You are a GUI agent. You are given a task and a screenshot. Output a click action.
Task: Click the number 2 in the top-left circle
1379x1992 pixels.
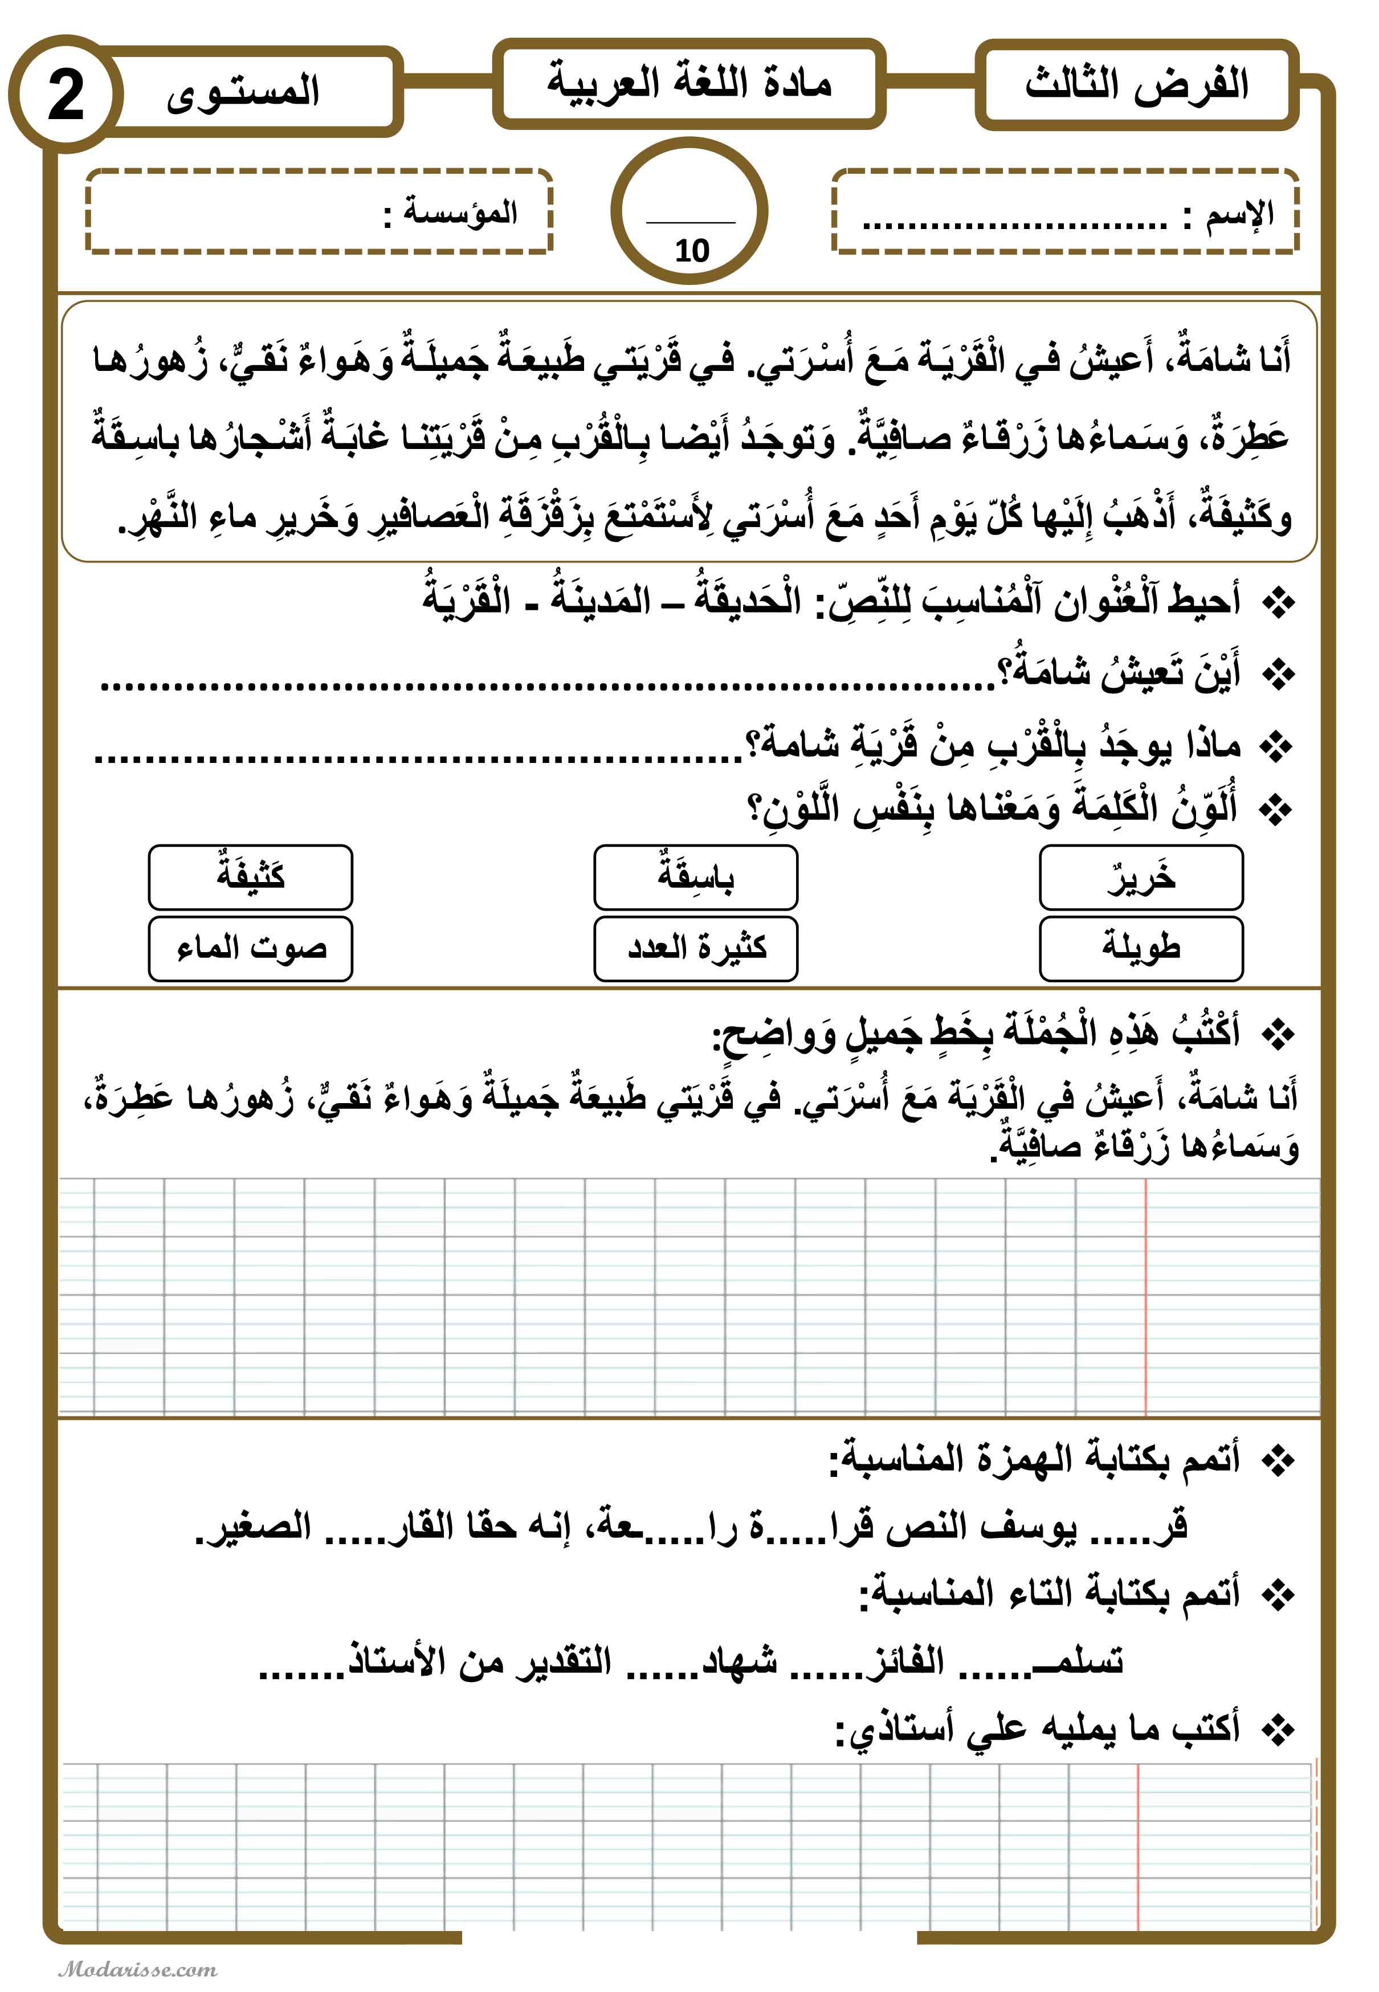[65, 96]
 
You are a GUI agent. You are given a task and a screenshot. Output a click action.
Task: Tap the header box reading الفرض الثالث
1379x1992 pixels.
[1136, 85]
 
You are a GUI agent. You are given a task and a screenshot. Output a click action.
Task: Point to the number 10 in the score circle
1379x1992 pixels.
[691, 251]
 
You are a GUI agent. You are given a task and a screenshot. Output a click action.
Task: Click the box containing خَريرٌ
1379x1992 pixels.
[1141, 877]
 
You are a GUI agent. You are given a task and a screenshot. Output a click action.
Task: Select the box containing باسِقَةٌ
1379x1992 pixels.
[696, 877]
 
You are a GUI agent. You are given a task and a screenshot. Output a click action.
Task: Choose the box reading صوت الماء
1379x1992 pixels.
[251, 949]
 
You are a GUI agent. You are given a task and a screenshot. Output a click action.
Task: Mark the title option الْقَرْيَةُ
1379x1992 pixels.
[467, 599]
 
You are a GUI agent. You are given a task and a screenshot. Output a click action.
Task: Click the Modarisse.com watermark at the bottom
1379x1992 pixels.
[138, 1969]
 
